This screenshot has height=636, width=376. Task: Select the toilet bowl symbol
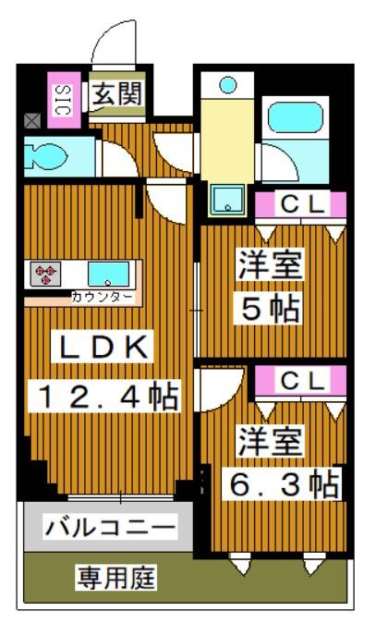point(45,154)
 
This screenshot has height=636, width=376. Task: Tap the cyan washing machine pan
point(224,197)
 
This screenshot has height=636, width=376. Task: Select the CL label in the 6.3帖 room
point(301,379)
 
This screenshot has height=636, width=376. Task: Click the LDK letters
point(105,349)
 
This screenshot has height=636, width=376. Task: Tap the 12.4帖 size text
point(108,398)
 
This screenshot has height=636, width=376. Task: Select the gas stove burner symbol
point(46,274)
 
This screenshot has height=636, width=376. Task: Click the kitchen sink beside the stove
point(109,274)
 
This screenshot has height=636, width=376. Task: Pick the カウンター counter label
point(102,297)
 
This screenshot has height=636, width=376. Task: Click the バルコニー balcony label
point(109,529)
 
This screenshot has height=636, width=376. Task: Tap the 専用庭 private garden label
point(115,579)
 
